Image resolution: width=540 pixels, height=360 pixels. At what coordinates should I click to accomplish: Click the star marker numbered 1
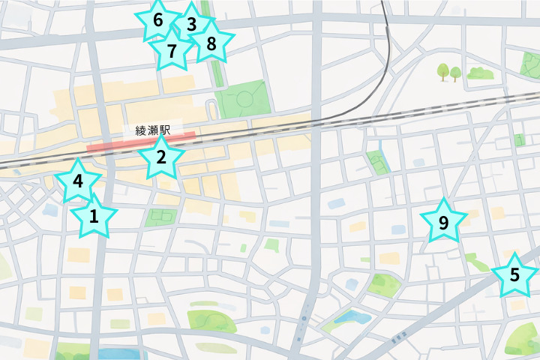click(x=94, y=217)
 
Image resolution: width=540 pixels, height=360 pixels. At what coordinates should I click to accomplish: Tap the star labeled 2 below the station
click(x=160, y=157)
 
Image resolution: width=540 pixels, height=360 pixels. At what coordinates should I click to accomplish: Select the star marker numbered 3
click(x=190, y=25)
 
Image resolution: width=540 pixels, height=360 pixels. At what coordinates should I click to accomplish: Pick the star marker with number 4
click(x=77, y=181)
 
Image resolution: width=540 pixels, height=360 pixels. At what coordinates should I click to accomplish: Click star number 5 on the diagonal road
click(x=514, y=274)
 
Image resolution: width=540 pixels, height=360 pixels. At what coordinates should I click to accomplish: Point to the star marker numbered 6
click(x=157, y=20)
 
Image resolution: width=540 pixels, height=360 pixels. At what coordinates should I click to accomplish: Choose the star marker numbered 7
click(x=172, y=51)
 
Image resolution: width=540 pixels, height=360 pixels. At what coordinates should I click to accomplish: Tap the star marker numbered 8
click(x=211, y=43)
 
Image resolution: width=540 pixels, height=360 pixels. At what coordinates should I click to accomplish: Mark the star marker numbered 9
click(x=442, y=222)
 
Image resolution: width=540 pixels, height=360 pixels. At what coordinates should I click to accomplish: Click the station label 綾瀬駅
click(x=153, y=130)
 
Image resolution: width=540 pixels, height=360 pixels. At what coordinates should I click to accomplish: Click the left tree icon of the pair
click(x=443, y=71)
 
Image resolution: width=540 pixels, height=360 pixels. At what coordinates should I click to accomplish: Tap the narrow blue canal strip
click(x=382, y=154)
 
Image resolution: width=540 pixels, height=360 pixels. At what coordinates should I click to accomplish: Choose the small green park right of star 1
click(x=159, y=217)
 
